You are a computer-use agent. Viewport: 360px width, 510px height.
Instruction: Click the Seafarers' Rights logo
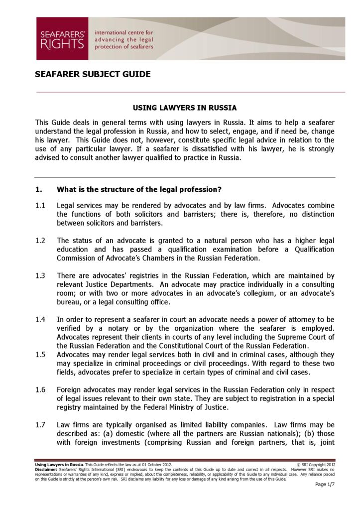click(x=62, y=39)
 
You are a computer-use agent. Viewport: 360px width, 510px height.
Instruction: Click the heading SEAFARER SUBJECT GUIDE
click(x=93, y=75)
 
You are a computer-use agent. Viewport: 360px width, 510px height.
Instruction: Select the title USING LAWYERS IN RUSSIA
click(x=185, y=108)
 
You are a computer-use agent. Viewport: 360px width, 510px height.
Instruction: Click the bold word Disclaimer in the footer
click(x=46, y=470)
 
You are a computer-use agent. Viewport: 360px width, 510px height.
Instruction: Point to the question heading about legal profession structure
click(x=139, y=189)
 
